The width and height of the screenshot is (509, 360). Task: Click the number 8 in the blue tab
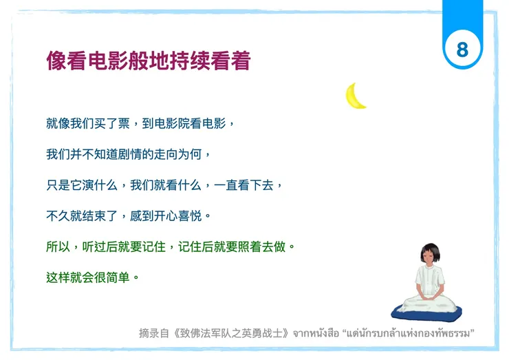tap(462, 50)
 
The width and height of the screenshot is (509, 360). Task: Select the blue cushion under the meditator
tap(431, 311)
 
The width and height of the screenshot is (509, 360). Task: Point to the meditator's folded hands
tap(431, 297)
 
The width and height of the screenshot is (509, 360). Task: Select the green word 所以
tap(58, 246)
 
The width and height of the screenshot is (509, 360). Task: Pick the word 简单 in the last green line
tap(112, 277)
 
